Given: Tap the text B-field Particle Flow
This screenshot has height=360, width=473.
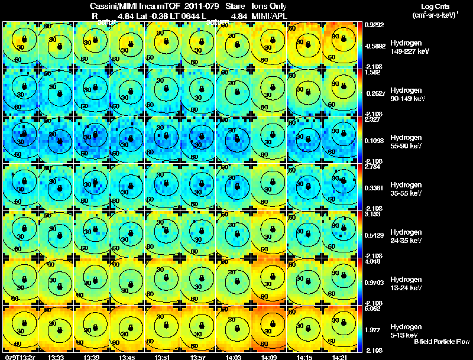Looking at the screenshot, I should [441, 342].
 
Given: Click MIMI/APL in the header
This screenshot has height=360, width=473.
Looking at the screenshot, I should [268, 16].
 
